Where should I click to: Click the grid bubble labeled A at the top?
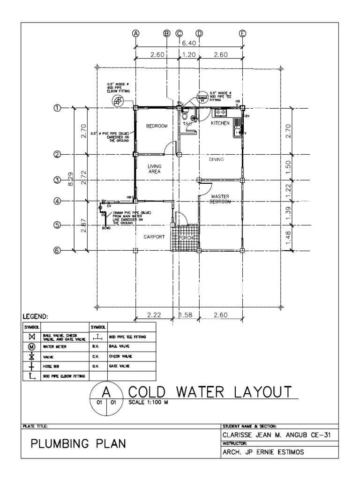(x=135, y=33)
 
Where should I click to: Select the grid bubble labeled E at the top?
(x=242, y=33)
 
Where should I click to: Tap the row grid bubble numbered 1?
(x=58, y=108)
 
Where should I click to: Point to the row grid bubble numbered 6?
(x=58, y=250)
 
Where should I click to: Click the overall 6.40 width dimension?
(x=189, y=43)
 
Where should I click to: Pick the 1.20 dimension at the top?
(x=189, y=54)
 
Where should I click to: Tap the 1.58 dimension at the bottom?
(x=189, y=315)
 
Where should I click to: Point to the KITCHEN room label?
(x=220, y=124)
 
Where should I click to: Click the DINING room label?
(x=217, y=159)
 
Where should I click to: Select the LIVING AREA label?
(x=155, y=169)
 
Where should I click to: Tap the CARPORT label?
(x=154, y=237)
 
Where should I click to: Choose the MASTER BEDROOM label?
(x=220, y=199)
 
